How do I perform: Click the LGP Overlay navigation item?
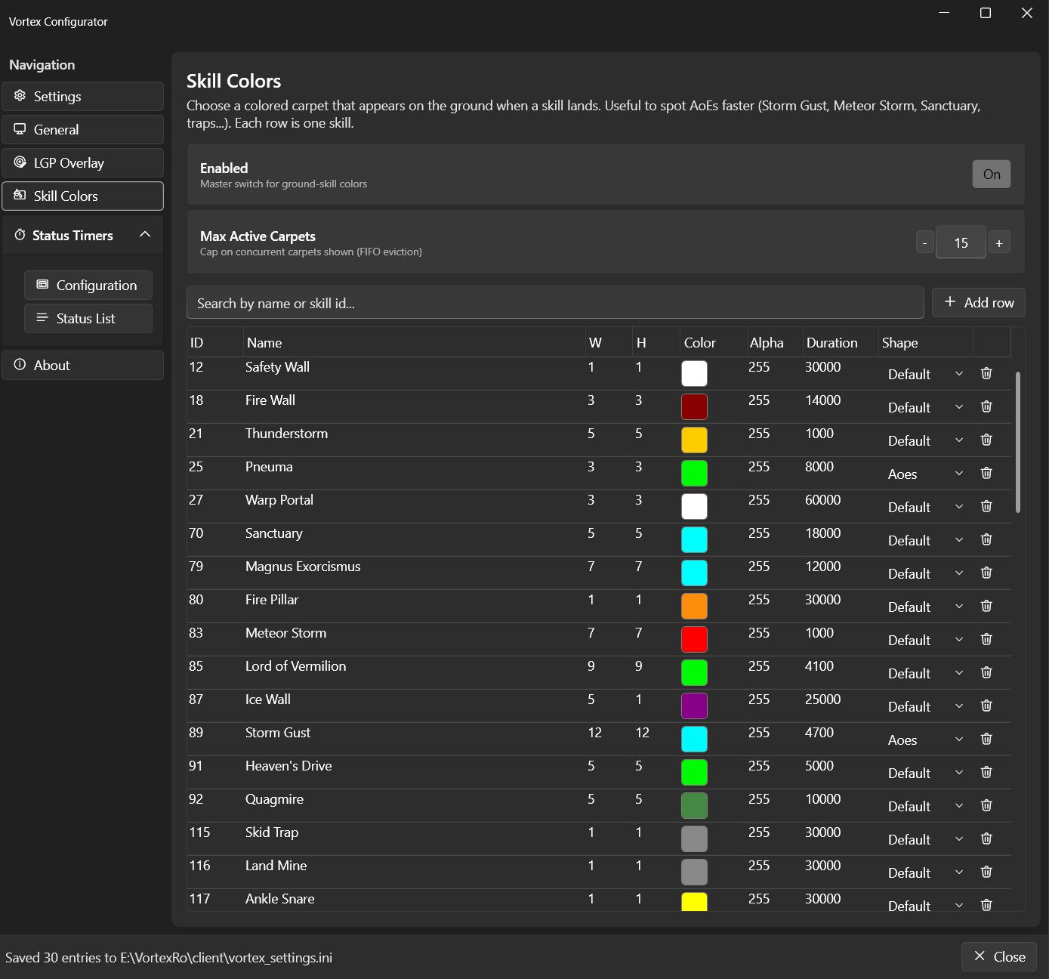82,162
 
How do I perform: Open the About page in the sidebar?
82,365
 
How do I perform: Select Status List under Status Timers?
88,319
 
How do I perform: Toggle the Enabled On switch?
991,174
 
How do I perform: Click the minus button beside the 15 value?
924,243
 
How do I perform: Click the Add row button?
978,303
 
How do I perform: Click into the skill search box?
554,303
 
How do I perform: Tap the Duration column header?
831,343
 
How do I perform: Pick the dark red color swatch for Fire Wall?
694,406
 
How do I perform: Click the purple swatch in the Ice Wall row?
694,706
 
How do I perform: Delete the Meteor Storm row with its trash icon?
986,639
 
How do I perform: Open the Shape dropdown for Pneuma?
925,474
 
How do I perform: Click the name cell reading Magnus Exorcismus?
303,567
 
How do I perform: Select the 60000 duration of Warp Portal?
822,500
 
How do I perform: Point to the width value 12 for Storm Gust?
594,732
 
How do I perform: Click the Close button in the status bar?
999,957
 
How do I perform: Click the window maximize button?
985,13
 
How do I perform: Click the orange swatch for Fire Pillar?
694,606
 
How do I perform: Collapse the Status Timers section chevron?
145,235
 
